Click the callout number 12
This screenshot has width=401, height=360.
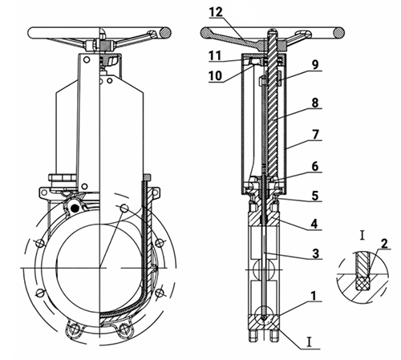click(216, 12)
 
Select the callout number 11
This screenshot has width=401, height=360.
click(215, 56)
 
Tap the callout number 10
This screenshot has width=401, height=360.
click(215, 75)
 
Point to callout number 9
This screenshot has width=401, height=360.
click(315, 65)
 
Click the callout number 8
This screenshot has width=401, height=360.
click(315, 103)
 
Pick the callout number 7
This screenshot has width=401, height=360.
click(315, 135)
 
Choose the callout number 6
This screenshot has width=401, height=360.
click(315, 166)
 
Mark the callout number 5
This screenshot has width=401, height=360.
click(315, 196)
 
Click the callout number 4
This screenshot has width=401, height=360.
click(314, 224)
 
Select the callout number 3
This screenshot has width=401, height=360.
click(315, 253)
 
